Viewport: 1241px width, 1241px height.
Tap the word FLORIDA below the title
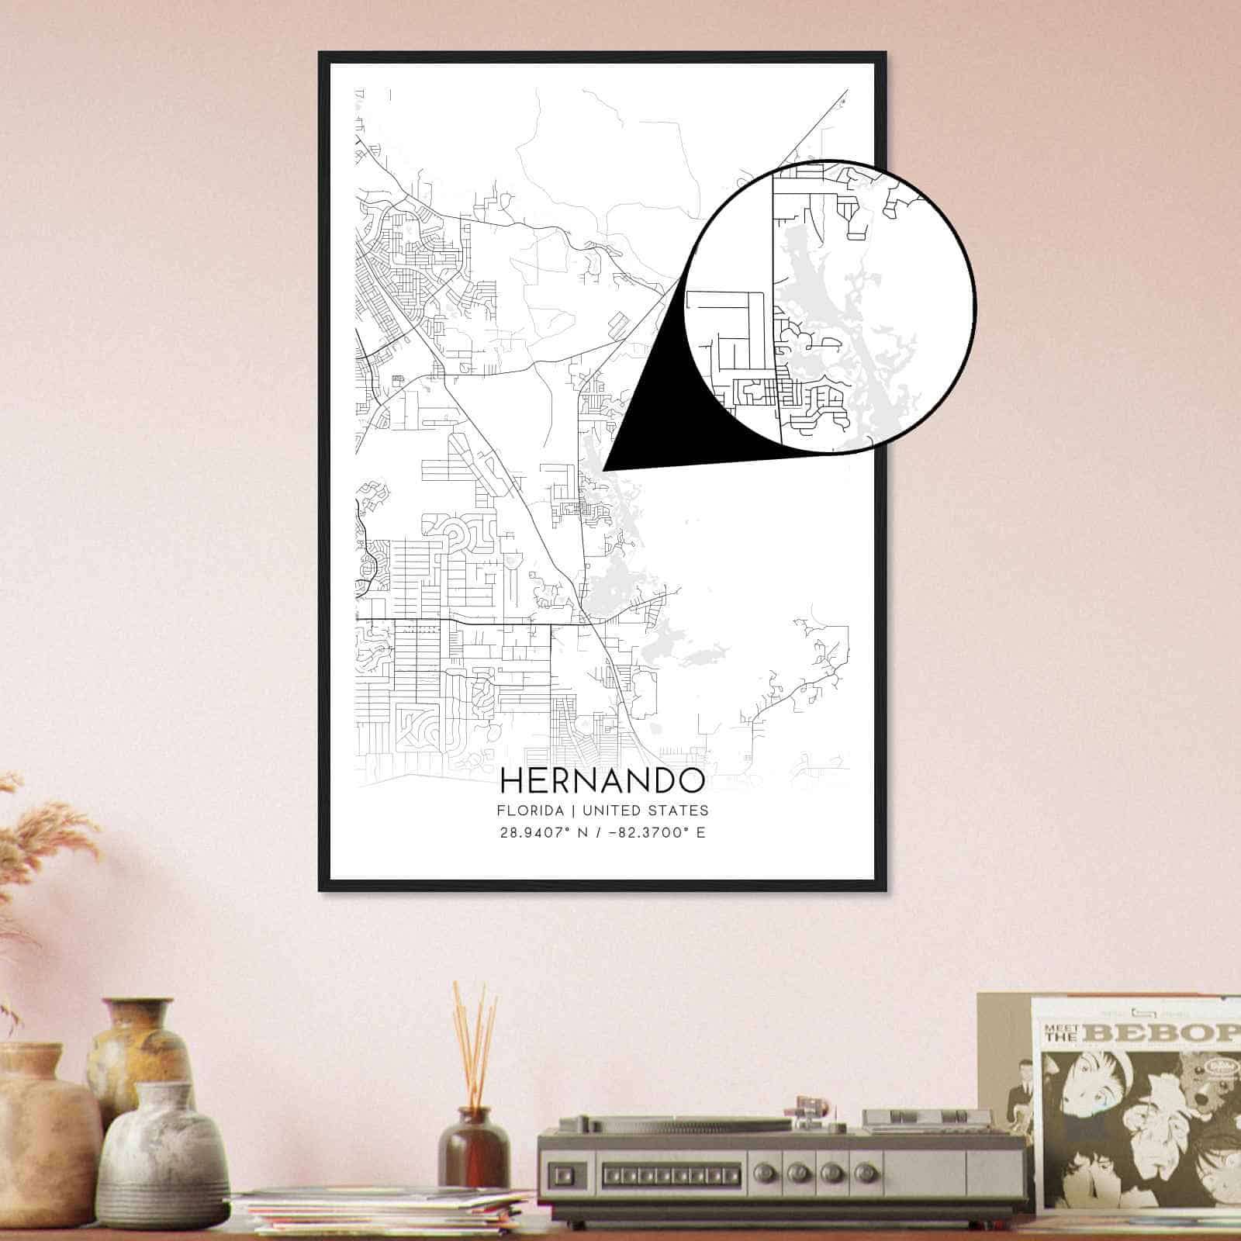pos(530,811)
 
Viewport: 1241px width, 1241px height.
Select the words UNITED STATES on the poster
pos(645,811)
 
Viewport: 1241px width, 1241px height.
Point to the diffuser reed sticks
pos(475,1047)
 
